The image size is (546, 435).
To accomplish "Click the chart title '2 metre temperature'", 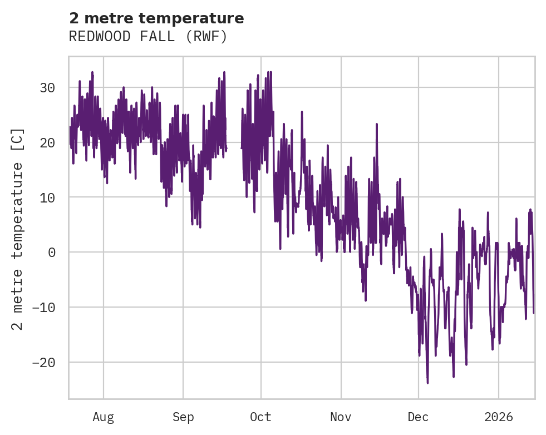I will tap(156, 18).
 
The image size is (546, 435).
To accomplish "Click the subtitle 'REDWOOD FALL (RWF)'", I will tap(148, 37).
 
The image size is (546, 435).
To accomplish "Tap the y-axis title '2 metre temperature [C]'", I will tap(18, 229).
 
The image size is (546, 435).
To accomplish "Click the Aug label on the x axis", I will tap(103, 417).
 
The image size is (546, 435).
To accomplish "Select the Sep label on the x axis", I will tap(183, 417).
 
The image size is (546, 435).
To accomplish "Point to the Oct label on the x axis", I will tap(260, 417).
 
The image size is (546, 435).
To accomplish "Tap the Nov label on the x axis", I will tap(341, 417).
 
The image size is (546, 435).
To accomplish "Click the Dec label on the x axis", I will tap(418, 417).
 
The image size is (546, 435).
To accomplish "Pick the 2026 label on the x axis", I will tap(498, 417).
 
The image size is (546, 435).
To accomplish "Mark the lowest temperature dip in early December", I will tap(427, 382).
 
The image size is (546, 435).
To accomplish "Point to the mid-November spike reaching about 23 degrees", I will tap(377, 124).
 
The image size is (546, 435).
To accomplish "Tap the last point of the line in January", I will tap(533, 312).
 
